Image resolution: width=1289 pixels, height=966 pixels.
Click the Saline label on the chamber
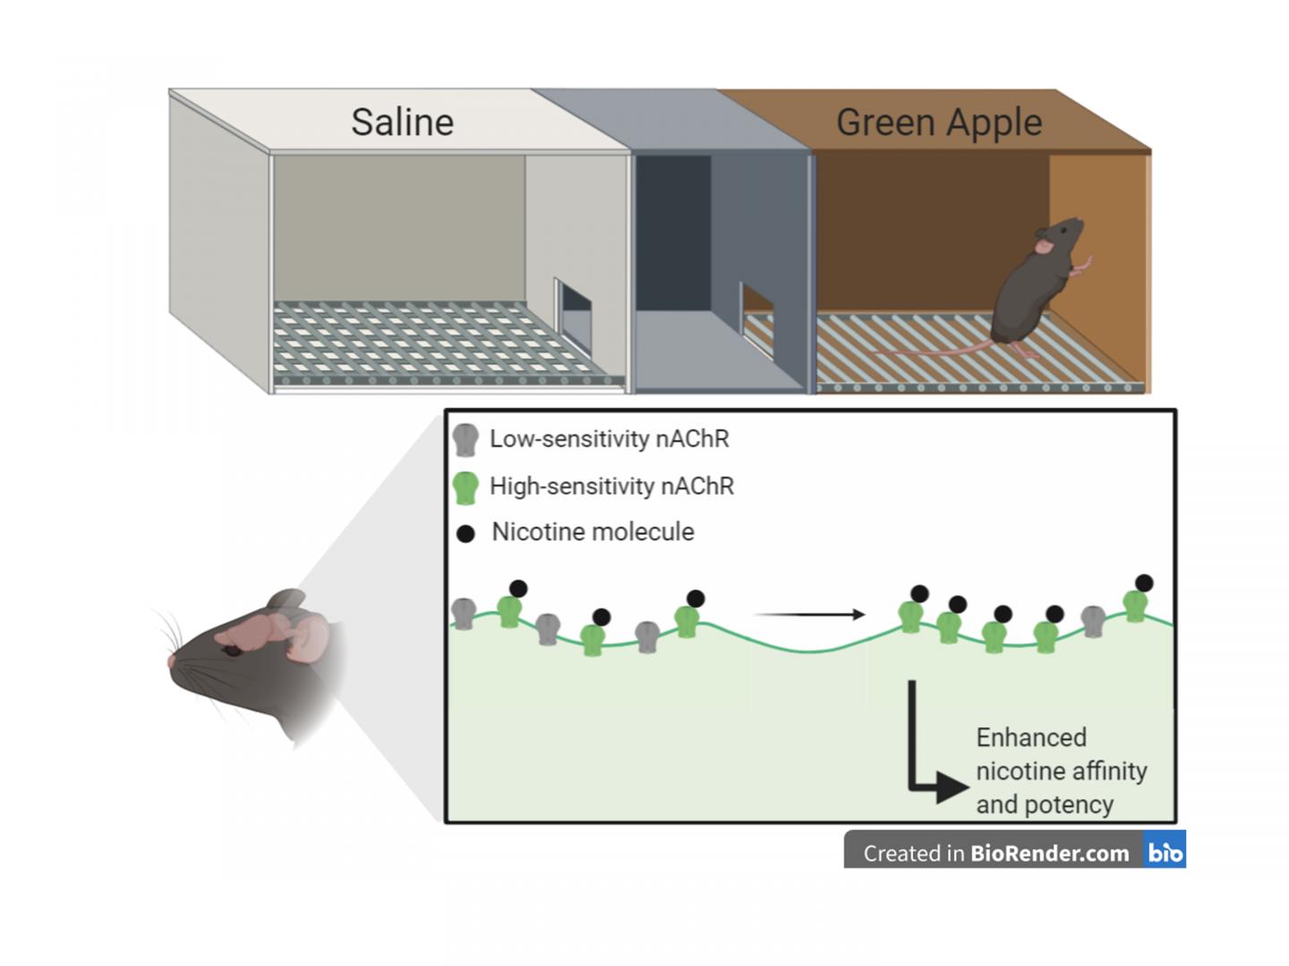click(402, 123)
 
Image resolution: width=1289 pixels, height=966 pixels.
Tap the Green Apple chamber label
click(938, 123)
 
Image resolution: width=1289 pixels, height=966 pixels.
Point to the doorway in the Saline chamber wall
click(574, 318)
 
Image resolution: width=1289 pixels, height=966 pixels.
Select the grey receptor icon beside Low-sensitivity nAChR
click(465, 439)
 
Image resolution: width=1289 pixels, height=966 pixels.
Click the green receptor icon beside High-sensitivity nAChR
click(465, 487)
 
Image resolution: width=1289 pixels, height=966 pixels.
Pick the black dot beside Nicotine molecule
click(465, 534)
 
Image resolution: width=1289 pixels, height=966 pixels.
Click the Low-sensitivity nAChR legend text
click(609, 439)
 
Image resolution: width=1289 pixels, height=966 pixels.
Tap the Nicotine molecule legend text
click(593, 532)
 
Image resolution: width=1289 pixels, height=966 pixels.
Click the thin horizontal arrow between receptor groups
click(809, 614)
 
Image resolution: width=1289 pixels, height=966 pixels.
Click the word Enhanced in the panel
click(1031, 738)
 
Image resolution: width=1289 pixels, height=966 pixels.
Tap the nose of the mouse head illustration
click(172, 660)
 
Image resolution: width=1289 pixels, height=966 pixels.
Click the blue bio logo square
click(1165, 852)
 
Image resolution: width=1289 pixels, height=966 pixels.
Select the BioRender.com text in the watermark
click(1049, 854)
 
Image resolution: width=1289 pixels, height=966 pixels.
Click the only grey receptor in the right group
click(1093, 619)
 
